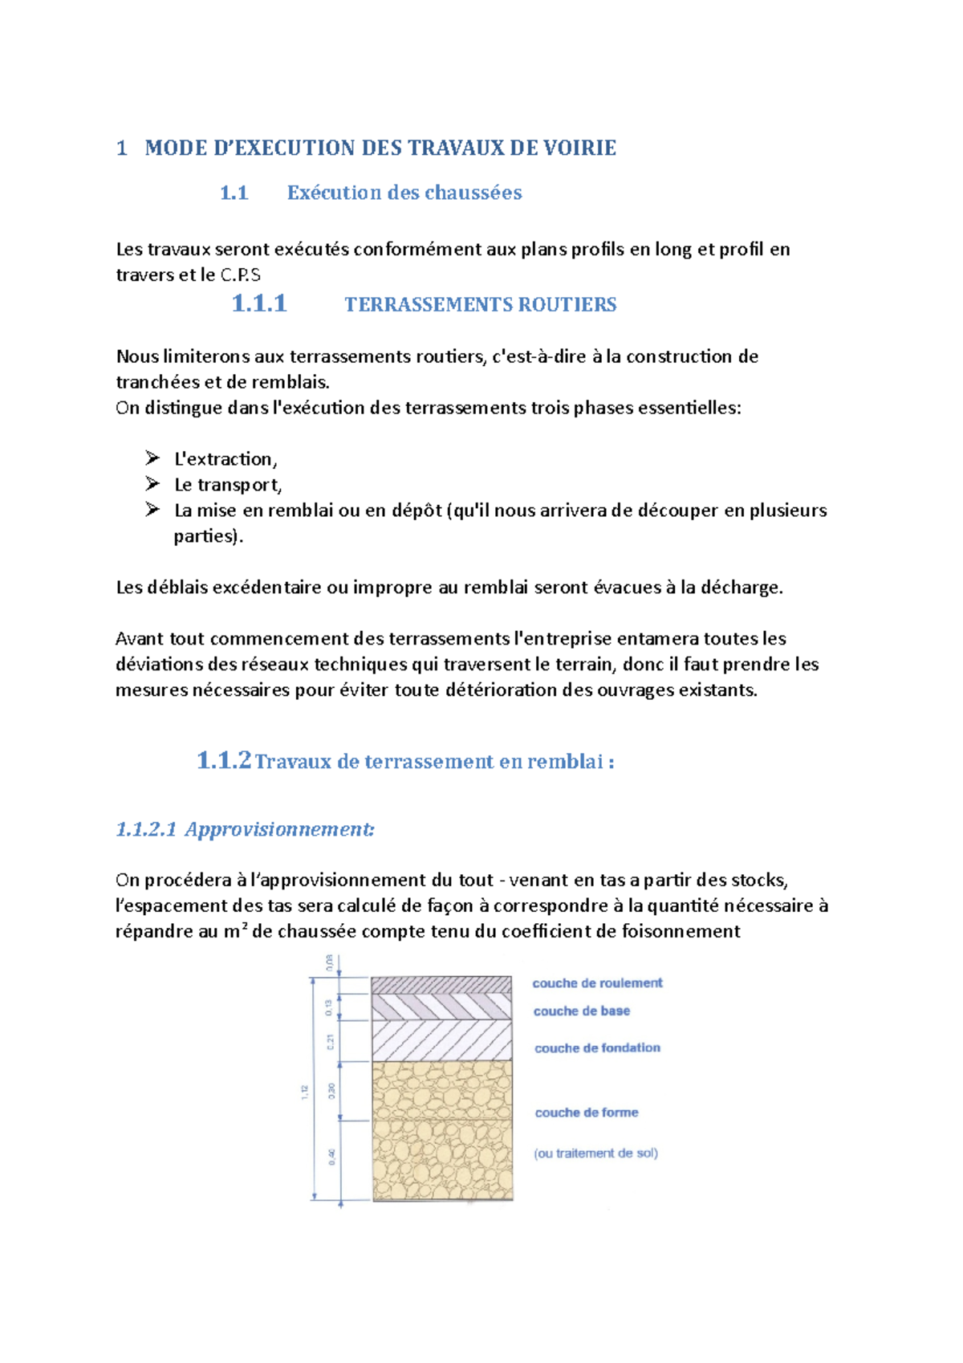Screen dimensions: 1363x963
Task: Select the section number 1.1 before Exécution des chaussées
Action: coord(234,193)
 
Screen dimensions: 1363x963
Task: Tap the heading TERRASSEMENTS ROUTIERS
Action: coord(480,305)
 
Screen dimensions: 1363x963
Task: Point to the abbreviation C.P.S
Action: coord(240,275)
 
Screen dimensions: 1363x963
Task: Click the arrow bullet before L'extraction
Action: coord(152,458)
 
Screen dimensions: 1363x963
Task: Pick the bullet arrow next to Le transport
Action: coord(152,484)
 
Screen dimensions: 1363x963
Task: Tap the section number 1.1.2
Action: coord(224,760)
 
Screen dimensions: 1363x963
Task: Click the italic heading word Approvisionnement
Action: coord(278,829)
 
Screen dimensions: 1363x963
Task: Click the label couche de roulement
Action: coord(597,983)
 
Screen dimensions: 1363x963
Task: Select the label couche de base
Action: coord(581,1011)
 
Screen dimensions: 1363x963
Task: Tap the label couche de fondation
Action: coord(597,1048)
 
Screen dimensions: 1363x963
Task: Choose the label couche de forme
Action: coord(587,1113)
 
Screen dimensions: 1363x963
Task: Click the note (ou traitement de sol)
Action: coord(595,1153)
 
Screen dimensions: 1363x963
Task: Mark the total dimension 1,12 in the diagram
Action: coord(305,1092)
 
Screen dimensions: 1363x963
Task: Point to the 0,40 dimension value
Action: coord(331,1157)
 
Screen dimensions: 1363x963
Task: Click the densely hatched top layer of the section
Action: coord(441,985)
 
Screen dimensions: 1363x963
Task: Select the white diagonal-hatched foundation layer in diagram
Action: coord(441,1040)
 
